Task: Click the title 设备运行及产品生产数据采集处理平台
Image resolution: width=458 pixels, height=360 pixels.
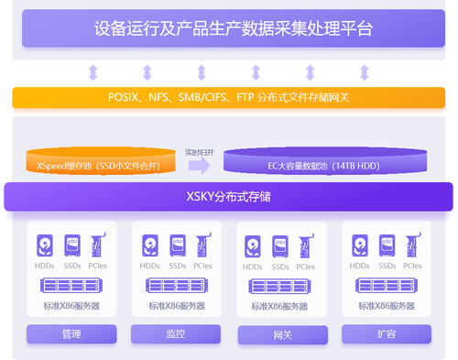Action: [234, 28]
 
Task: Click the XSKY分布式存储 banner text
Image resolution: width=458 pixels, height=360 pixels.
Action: [228, 196]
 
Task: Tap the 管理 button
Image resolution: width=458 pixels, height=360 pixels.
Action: [72, 334]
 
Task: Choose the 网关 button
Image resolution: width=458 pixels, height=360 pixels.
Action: [282, 334]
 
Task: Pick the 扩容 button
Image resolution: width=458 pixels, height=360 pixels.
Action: [387, 334]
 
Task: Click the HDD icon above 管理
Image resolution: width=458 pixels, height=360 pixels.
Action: [45, 245]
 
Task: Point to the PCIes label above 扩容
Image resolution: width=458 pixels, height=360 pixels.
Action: [412, 266]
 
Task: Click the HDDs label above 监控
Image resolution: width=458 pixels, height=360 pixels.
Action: [149, 266]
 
